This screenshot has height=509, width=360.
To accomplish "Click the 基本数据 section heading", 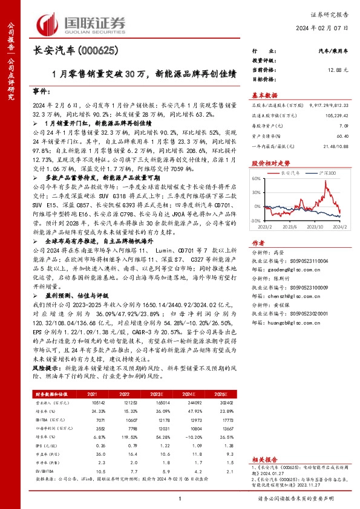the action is (264, 96).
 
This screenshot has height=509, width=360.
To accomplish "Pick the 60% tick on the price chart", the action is (257, 179).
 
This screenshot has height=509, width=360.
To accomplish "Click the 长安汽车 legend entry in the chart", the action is (290, 172).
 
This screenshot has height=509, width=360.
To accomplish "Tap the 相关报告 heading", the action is (264, 460).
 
